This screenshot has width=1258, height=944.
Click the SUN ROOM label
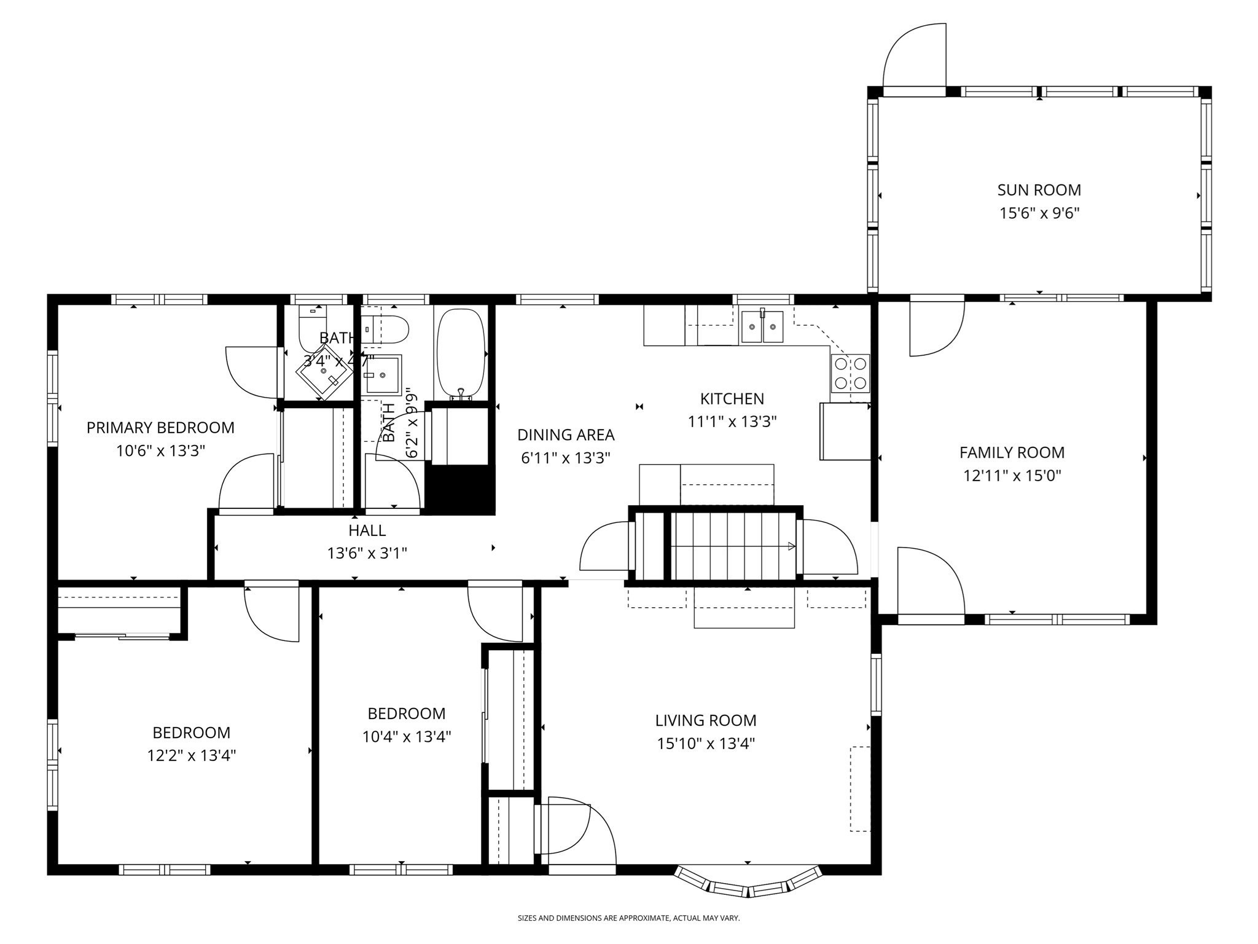[x=1039, y=190]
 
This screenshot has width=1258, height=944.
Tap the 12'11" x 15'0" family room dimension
[x=1012, y=476]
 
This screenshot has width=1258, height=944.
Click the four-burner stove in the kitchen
[x=850, y=373]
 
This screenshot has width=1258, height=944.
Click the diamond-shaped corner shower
[x=324, y=371]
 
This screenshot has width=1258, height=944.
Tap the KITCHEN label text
[x=732, y=399]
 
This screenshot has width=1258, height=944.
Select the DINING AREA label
[x=565, y=435]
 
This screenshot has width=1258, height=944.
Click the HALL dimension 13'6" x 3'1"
[x=367, y=553]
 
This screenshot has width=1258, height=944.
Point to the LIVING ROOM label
[x=705, y=720]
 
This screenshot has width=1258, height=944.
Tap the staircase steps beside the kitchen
[x=731, y=545]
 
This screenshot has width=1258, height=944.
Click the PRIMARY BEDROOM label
[x=160, y=428]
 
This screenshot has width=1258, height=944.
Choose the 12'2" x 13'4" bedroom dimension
[x=191, y=755]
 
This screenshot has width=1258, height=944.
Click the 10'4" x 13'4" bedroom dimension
[x=406, y=736]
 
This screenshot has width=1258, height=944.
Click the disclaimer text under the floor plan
[x=628, y=918]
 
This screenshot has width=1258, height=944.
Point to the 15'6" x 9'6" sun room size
[x=1039, y=213]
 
